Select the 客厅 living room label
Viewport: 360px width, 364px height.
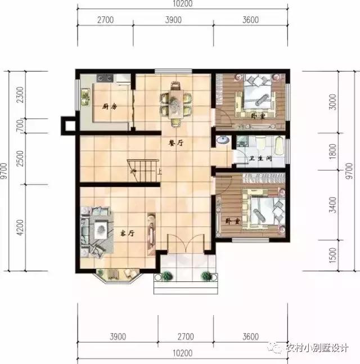126,232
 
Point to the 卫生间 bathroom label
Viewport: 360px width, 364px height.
261,159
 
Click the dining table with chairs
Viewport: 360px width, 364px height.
176,102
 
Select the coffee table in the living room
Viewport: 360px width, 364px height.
102,228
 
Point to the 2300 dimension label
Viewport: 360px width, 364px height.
20,95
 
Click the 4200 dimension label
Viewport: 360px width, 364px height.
20,227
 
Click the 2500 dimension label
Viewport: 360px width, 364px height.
20,160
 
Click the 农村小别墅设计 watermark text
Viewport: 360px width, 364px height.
317,348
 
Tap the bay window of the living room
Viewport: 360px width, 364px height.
117,275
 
